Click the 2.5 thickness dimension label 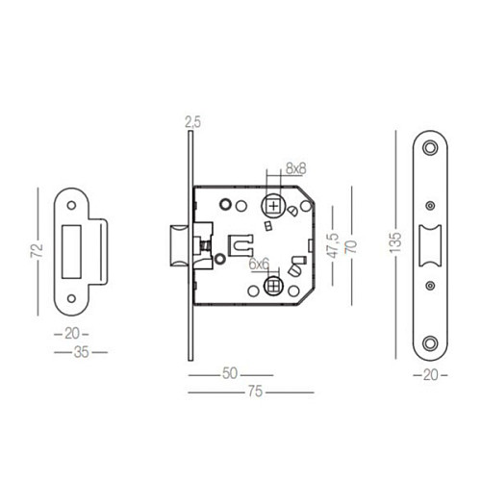(190, 123)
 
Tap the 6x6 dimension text (259, 262)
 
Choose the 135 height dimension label (394, 240)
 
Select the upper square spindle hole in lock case (275, 206)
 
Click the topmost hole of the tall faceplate (427, 148)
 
